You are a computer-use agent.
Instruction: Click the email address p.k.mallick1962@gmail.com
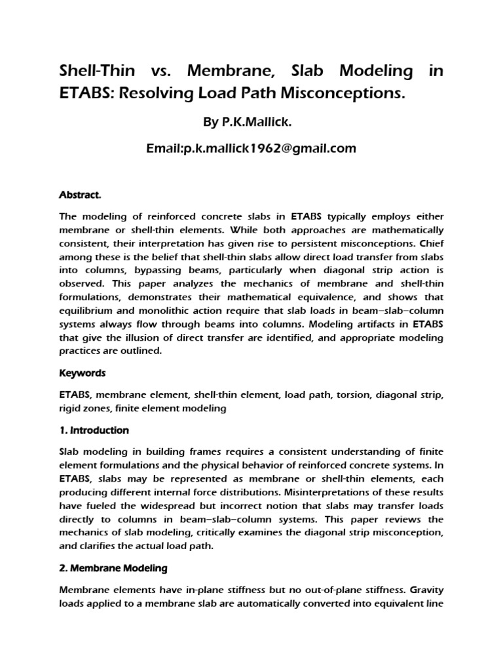251,148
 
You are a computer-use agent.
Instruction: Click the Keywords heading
82,372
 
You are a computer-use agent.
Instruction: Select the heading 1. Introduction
94,431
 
